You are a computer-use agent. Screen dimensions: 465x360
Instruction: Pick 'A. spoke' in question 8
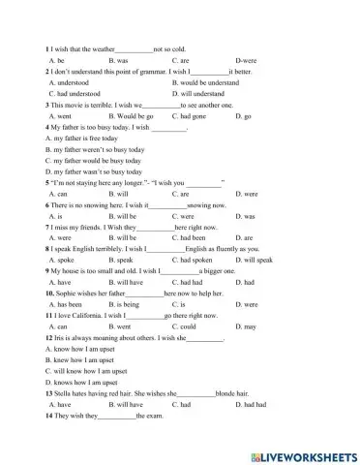pyautogui.click(x=61, y=261)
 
